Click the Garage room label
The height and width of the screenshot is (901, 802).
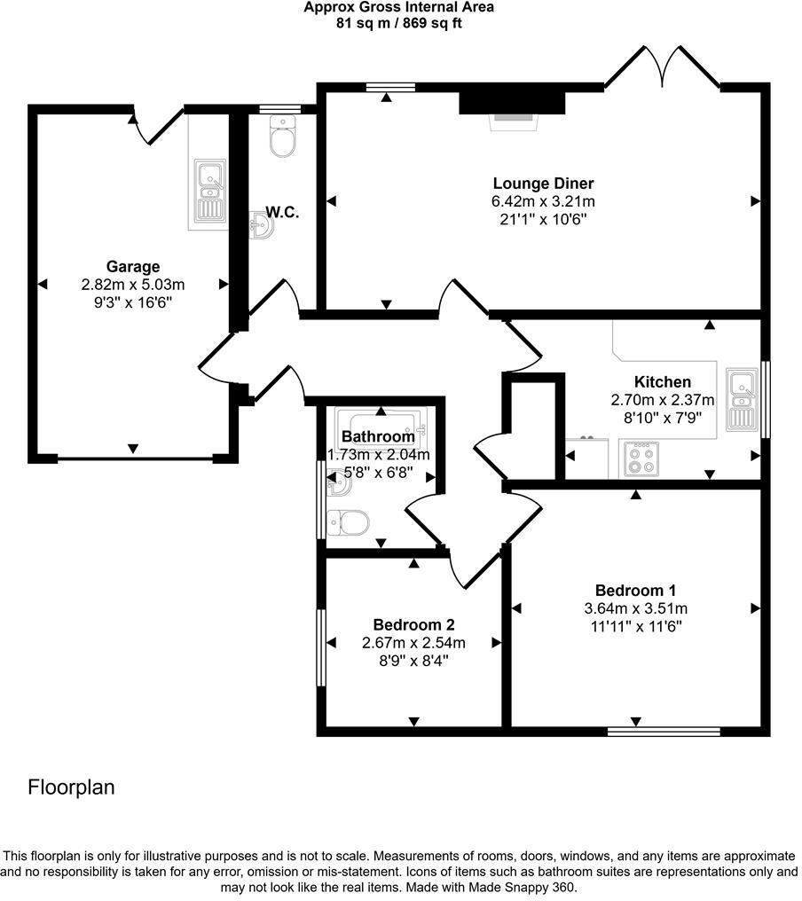(133, 266)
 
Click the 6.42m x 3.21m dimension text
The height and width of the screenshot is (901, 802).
(543, 202)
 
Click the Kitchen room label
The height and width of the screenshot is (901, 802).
(662, 382)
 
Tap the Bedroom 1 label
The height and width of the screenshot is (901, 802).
(635, 591)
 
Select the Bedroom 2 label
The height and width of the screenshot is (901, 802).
(413, 624)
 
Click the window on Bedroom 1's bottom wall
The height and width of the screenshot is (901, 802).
(663, 732)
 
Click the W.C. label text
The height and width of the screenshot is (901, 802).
(282, 213)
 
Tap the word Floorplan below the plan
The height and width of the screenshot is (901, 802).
(71, 787)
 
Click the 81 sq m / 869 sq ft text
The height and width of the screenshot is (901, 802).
(398, 23)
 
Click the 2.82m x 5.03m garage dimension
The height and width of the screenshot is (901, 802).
(132, 285)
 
